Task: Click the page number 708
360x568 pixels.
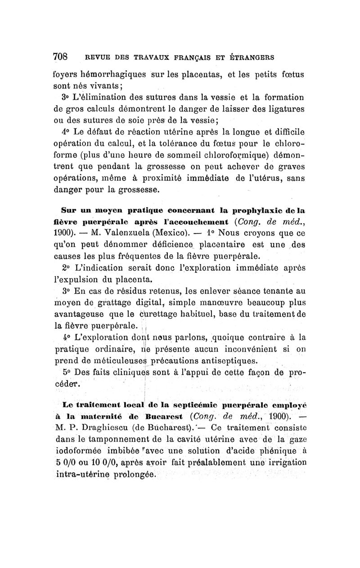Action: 60,57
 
